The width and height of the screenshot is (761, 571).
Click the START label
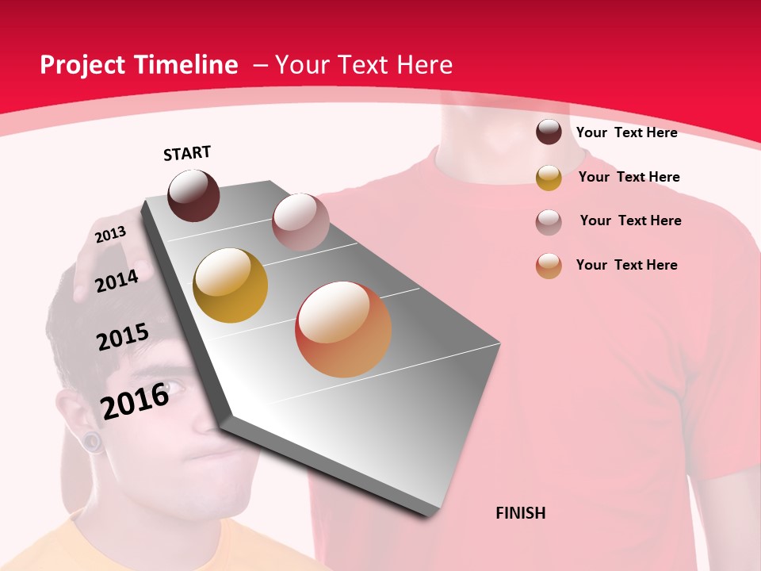click(x=187, y=153)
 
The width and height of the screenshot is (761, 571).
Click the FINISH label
click(x=520, y=513)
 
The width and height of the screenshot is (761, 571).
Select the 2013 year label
click(x=110, y=235)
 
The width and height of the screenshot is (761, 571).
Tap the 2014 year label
click(x=117, y=281)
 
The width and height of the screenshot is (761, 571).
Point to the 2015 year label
click(x=123, y=337)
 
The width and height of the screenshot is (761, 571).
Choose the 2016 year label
click(x=135, y=400)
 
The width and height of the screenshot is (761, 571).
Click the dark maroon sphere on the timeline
click(x=193, y=195)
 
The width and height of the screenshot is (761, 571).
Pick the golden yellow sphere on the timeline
click(x=231, y=285)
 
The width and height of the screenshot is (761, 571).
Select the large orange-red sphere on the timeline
click(x=343, y=329)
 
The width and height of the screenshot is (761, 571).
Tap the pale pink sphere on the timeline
click(x=300, y=221)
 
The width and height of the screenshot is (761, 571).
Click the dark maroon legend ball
click(x=549, y=132)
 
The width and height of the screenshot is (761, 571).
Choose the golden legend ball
click(x=549, y=178)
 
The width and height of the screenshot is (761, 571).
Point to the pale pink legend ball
click(x=549, y=222)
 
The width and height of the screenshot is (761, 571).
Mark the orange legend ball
click(x=549, y=266)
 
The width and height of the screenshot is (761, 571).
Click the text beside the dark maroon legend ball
click(x=626, y=132)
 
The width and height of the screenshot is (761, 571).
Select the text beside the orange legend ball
click(x=626, y=265)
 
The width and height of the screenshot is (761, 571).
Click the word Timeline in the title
click(x=186, y=65)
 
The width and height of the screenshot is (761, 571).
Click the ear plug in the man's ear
click(x=94, y=442)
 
